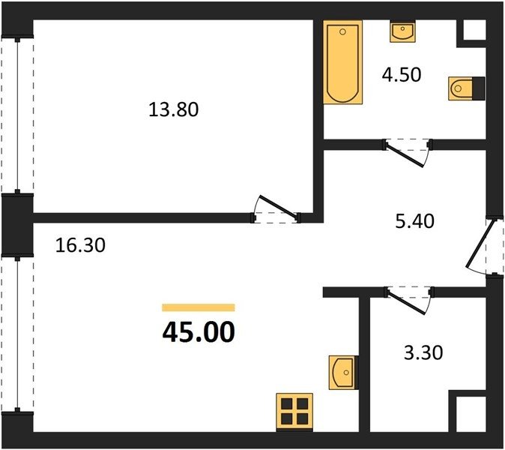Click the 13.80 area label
click(174, 109)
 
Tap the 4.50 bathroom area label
click(402, 75)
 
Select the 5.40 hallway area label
click(415, 221)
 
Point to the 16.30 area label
click(80, 245)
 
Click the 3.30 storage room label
click(423, 352)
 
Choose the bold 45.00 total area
click(199, 333)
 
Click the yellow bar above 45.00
click(199, 307)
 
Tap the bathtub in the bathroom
click(343, 62)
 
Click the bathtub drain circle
click(342, 32)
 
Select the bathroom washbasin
click(402, 31)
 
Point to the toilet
click(466, 88)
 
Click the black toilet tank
click(479, 88)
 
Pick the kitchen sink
click(344, 373)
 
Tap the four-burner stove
click(294, 412)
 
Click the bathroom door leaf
click(405, 156)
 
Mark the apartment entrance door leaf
click(480, 243)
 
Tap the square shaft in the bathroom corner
click(474, 30)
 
